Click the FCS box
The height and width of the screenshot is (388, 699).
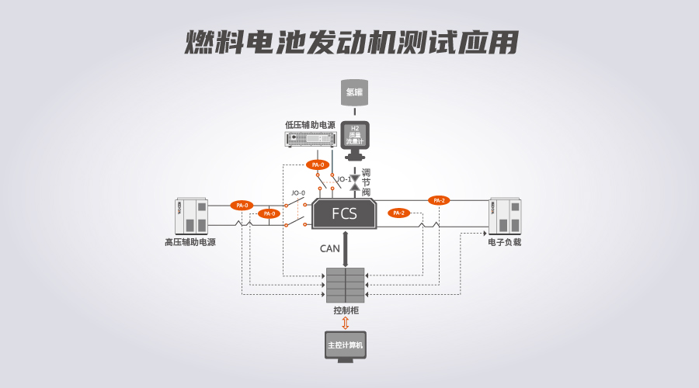point(344,213)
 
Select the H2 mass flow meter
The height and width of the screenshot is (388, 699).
point(355,136)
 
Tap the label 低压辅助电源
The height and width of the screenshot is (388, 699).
point(310,124)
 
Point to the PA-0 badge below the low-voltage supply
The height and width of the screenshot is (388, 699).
point(316,165)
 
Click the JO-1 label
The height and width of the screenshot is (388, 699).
point(344,179)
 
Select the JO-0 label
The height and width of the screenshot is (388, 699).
point(298,193)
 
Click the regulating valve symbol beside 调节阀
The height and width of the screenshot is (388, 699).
point(355,182)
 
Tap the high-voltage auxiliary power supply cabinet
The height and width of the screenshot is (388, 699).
point(191,217)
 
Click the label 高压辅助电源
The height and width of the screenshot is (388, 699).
point(190,242)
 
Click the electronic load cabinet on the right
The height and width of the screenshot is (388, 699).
point(504,217)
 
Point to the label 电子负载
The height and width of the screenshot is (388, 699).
point(504,242)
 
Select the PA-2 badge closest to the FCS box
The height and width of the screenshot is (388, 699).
point(399,213)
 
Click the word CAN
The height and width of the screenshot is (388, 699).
point(329,248)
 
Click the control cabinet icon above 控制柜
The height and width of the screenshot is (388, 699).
point(344,285)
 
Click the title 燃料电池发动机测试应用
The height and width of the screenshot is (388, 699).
point(350,43)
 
